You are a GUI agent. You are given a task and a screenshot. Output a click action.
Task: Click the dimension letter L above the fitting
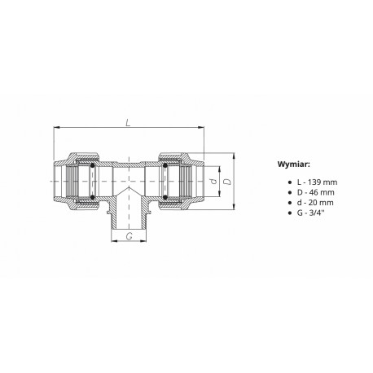(128, 123)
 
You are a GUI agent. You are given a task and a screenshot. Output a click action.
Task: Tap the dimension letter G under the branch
(129, 236)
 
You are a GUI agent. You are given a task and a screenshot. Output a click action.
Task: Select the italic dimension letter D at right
(228, 182)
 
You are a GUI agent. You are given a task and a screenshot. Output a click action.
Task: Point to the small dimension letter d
(214, 181)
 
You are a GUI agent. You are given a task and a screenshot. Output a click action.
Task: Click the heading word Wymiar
(293, 165)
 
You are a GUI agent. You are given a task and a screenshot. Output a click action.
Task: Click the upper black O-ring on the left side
(92, 165)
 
